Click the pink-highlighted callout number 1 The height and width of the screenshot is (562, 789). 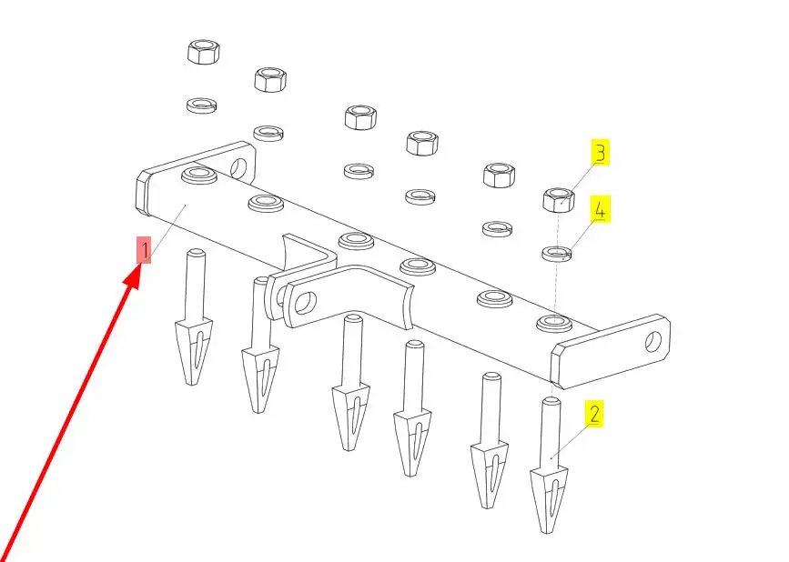click(145, 250)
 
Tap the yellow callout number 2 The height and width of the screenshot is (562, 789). click(594, 414)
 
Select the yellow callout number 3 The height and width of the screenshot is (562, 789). click(600, 153)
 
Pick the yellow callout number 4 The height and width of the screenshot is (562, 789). click(601, 209)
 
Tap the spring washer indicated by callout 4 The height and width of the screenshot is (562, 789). click(557, 253)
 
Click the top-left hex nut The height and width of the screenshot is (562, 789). click(203, 52)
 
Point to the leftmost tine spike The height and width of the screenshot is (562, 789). click(194, 316)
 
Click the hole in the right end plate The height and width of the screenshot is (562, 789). click(653, 342)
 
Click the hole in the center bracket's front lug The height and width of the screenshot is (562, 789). click(305, 303)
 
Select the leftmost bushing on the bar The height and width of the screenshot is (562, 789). click(199, 176)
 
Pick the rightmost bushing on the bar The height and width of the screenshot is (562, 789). click(554, 322)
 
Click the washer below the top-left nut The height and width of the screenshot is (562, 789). click(201, 105)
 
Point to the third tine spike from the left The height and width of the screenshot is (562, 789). click(350, 382)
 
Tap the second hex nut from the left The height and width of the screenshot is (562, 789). click(270, 79)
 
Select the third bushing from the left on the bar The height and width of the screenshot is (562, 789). click(356, 240)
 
